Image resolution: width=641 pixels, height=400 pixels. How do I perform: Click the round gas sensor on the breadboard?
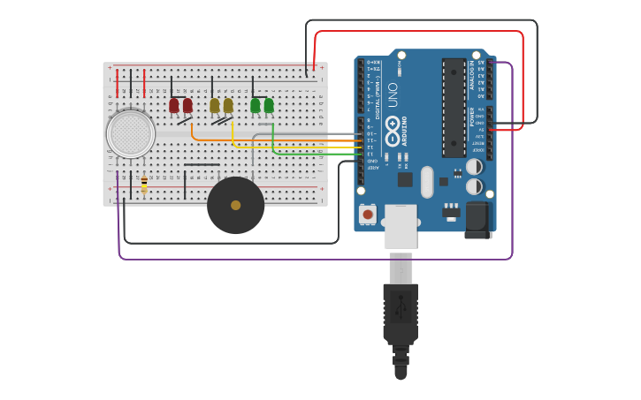(x=131, y=133)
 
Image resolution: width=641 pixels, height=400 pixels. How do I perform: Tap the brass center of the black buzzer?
(x=235, y=205)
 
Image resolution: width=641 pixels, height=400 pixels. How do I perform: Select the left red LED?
(x=174, y=105)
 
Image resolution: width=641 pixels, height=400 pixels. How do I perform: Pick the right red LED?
(x=187, y=105)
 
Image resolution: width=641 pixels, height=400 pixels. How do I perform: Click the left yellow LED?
(x=214, y=105)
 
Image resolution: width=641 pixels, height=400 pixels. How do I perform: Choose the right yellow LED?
(x=228, y=105)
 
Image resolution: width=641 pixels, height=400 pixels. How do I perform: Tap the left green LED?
(x=255, y=105)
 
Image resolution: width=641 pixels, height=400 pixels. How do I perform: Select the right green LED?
(x=269, y=105)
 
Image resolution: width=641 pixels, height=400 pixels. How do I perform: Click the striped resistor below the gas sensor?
(x=144, y=184)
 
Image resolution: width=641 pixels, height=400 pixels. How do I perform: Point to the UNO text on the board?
(x=393, y=94)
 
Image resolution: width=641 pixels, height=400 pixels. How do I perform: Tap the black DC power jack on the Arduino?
(x=477, y=220)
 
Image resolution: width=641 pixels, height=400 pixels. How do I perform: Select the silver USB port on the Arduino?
(x=401, y=227)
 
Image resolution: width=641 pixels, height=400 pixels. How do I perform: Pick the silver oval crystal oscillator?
(x=427, y=182)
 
